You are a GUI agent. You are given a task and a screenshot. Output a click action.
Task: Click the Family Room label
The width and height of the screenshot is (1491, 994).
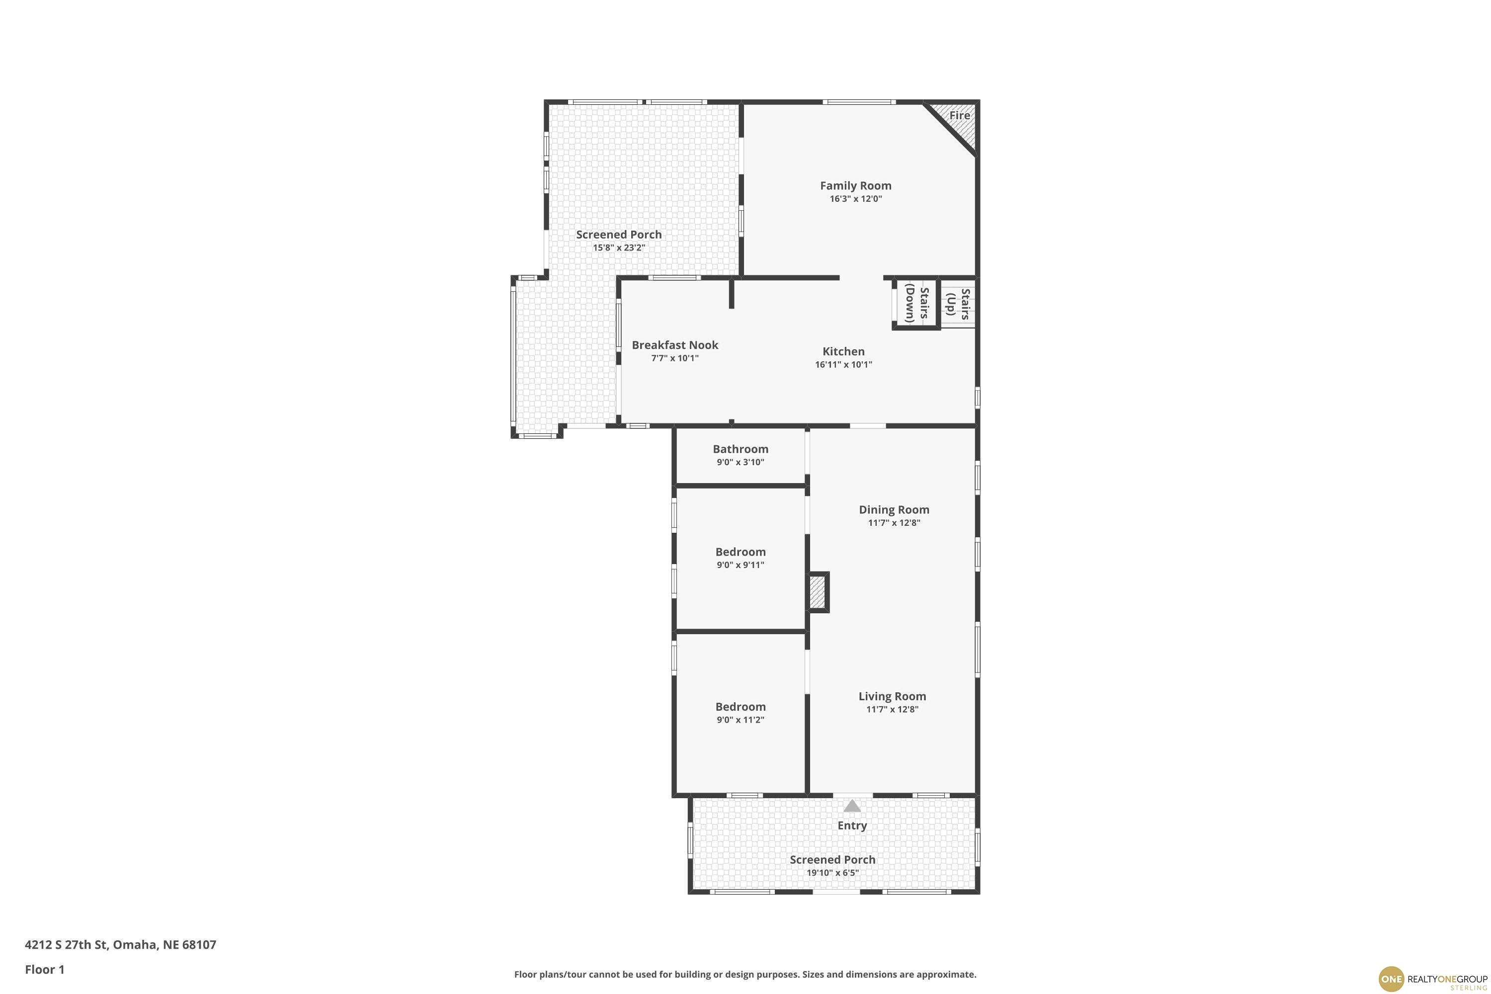coord(855,186)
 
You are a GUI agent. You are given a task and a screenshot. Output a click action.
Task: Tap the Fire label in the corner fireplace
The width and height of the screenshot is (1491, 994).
coord(959,115)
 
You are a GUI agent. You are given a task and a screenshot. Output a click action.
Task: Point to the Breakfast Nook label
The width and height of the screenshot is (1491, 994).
coord(675,345)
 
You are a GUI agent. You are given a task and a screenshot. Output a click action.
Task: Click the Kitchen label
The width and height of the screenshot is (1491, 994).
coord(843,352)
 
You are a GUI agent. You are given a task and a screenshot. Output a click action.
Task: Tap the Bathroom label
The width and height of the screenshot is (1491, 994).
coord(741,449)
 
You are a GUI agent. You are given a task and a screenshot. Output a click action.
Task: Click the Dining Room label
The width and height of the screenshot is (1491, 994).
coord(894,510)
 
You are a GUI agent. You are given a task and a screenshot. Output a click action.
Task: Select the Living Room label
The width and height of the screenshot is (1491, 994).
coord(892,696)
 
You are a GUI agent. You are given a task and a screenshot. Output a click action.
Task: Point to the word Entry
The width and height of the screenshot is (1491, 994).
coord(852,826)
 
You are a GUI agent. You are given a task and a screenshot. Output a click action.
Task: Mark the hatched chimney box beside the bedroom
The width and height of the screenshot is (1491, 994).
coord(817,592)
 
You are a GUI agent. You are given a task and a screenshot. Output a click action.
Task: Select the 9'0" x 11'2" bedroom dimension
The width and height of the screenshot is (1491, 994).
coord(741,720)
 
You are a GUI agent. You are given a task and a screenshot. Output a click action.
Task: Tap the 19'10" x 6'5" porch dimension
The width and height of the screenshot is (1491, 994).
coord(832,873)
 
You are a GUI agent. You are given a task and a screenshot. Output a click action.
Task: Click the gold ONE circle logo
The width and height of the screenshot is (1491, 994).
coord(1392,979)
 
